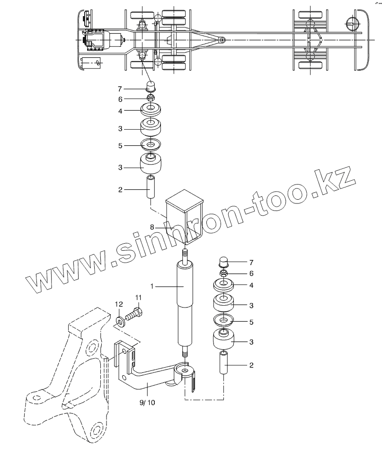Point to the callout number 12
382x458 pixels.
tap(120, 304)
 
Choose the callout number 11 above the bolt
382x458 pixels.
tap(138, 298)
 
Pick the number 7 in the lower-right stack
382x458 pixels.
tap(251, 262)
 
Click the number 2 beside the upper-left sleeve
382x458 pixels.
tap(120, 190)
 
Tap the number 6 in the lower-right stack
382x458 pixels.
tap(251, 273)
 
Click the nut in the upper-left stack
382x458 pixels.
tap(151, 98)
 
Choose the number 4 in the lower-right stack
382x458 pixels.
tap(251, 286)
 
